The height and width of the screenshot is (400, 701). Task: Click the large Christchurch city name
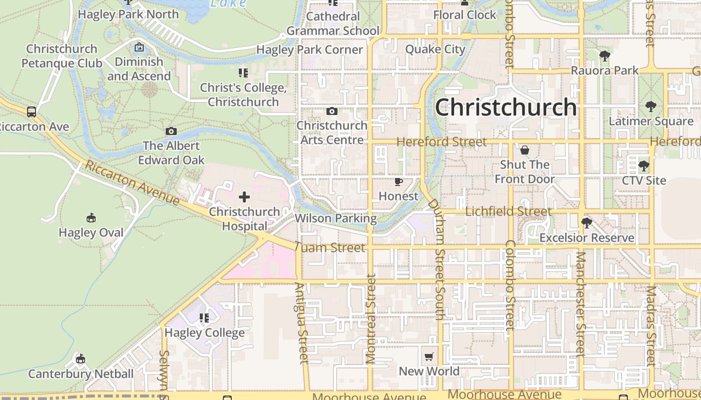(x=506, y=107)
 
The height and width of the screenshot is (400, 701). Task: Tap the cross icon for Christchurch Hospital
(x=244, y=197)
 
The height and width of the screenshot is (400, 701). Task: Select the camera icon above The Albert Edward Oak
(x=171, y=131)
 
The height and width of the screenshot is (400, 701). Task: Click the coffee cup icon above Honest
(x=398, y=181)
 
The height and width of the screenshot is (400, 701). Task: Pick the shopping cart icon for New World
(x=429, y=356)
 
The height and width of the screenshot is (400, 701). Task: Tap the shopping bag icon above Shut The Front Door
(x=525, y=150)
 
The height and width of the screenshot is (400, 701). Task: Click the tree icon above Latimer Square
(x=650, y=106)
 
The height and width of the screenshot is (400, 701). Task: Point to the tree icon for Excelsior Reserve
(x=586, y=223)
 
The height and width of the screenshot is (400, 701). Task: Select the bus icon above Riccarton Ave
(x=32, y=111)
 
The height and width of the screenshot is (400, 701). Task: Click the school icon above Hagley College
(x=204, y=318)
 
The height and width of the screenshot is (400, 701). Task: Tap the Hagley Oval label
(x=91, y=232)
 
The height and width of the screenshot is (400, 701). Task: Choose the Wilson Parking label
(x=335, y=218)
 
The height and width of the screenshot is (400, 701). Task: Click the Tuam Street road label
(x=330, y=247)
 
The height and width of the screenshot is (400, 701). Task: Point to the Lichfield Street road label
(x=508, y=211)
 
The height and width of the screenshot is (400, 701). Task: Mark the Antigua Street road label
(x=301, y=323)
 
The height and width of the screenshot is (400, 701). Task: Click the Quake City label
(x=435, y=49)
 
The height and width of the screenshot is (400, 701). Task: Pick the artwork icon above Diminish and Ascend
(x=139, y=47)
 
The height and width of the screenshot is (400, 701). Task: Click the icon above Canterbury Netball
(x=81, y=359)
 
